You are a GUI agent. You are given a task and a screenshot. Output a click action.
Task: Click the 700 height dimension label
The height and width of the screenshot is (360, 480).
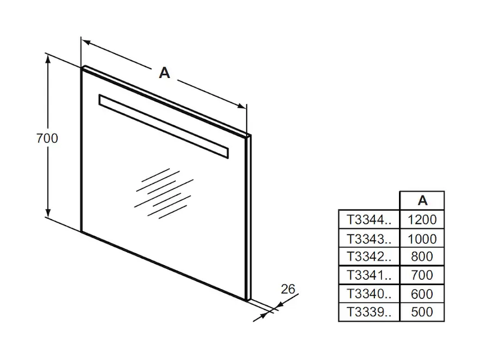pyautogui.click(x=47, y=139)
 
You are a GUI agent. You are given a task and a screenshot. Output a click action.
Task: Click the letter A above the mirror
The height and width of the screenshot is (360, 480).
pyautogui.click(x=164, y=73)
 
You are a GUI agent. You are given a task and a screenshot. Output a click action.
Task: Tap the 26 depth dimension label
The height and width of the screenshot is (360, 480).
pyautogui.click(x=288, y=289)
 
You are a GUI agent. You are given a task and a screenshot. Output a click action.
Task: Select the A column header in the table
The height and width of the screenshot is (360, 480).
pyautogui.click(x=422, y=200)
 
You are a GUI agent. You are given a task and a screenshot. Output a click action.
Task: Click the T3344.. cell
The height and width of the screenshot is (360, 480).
pyautogui.click(x=369, y=220)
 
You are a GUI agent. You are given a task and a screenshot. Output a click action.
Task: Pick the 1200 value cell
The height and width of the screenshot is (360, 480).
pyautogui.click(x=422, y=220)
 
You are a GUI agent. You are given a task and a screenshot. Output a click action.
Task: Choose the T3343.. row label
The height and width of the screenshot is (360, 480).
pyautogui.click(x=369, y=239)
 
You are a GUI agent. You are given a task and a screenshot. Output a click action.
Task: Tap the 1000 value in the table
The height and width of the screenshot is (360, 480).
pyautogui.click(x=422, y=239)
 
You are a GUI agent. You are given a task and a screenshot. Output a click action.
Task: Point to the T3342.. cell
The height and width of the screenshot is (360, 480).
pyautogui.click(x=369, y=257)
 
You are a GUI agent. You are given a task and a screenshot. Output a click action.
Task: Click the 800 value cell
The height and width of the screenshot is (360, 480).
pyautogui.click(x=422, y=257)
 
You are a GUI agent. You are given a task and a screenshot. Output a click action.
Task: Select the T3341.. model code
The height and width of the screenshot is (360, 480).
pyautogui.click(x=369, y=275)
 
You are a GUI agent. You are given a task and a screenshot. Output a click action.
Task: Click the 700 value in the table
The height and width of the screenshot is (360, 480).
pyautogui.click(x=422, y=275)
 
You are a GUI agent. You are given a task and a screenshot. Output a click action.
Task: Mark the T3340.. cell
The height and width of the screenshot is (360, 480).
pyautogui.click(x=369, y=294)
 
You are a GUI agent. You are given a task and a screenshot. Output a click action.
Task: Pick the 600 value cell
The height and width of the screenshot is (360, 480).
pyautogui.click(x=422, y=294)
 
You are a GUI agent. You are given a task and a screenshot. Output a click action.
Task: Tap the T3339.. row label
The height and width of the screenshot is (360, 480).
pyautogui.click(x=369, y=312)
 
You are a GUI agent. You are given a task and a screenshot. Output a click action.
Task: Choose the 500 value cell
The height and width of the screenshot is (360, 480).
pyautogui.click(x=422, y=312)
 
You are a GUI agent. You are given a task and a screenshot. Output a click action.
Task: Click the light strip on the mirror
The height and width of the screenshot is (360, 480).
pyautogui.click(x=163, y=126)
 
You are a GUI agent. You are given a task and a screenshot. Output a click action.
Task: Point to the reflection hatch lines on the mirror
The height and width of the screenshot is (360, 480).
pyautogui.click(x=164, y=193)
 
